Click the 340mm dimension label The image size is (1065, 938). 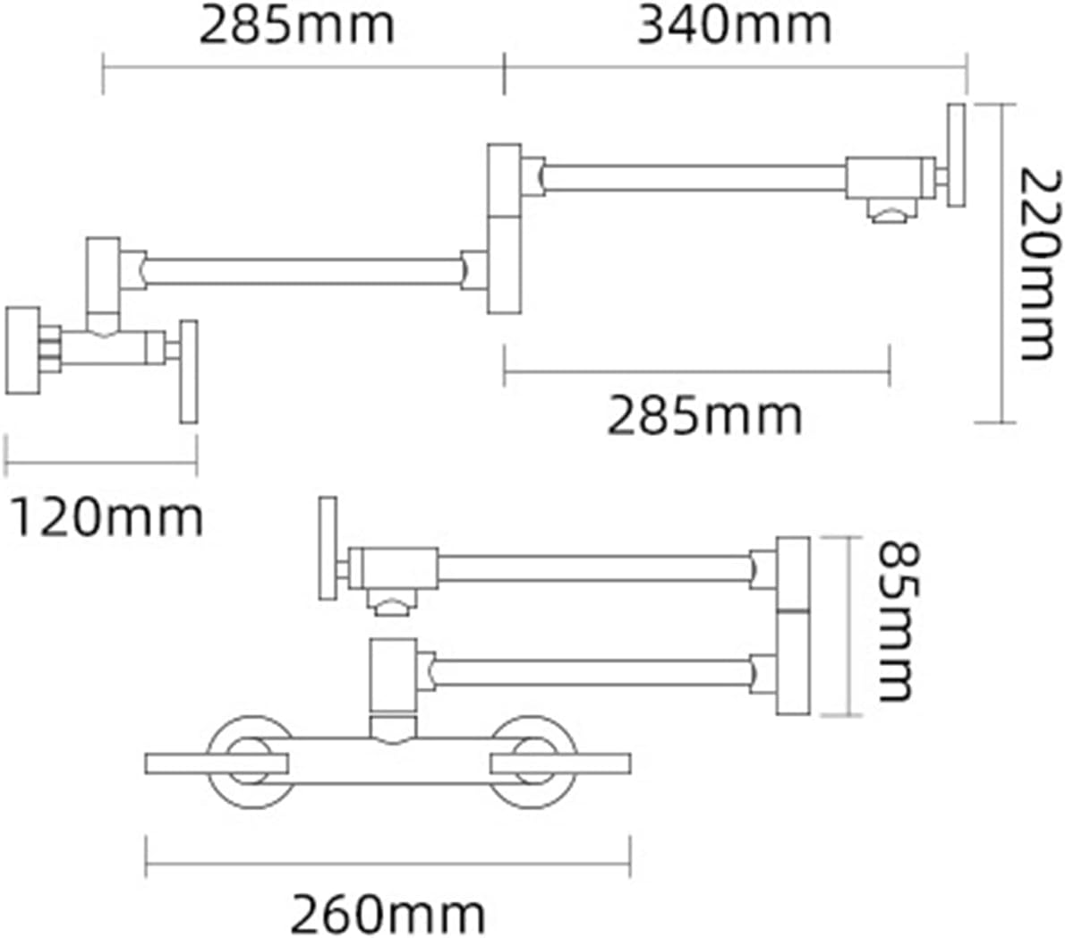[734, 27]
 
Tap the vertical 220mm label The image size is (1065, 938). [1041, 265]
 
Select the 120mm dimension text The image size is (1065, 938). [106, 517]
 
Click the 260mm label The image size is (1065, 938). [388, 916]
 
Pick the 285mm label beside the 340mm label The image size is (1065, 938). [297, 27]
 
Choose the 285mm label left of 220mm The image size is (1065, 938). [704, 415]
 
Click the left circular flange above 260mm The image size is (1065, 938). [251, 762]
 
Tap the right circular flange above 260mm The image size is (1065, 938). [534, 762]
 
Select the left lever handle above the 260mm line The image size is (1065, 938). [217, 763]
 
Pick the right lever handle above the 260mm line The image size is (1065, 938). [560, 763]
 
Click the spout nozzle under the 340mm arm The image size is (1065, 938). [892, 211]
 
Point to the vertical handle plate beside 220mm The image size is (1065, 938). [957, 156]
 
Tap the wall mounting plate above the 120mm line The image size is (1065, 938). [23, 351]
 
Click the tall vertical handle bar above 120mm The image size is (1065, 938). [189, 371]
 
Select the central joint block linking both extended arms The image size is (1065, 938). [505, 229]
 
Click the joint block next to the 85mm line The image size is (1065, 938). [793, 626]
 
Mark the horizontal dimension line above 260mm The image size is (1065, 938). [388, 865]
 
